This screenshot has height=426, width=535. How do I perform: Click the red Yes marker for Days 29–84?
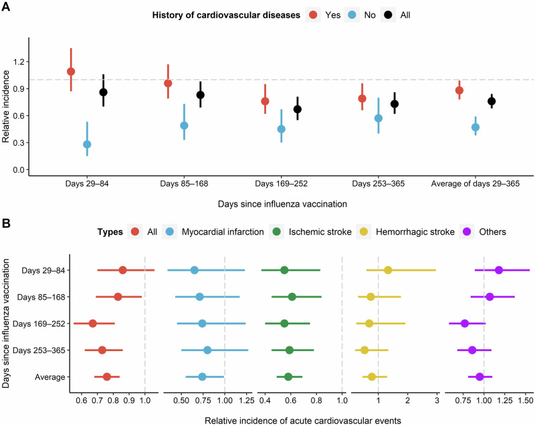71,72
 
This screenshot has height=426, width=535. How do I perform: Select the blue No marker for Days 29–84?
87,144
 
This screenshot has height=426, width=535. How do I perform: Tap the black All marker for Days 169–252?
298,109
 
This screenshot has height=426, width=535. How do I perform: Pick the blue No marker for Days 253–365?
379,118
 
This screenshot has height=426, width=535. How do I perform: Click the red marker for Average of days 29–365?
459,90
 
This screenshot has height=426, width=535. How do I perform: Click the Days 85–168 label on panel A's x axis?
184,184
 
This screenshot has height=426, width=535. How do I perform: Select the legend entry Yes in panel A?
332,15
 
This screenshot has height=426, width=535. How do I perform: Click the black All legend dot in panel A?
389,15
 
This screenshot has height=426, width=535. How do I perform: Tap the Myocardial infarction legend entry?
223,232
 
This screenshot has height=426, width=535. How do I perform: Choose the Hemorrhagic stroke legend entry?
415,232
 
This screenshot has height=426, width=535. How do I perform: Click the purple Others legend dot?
467,232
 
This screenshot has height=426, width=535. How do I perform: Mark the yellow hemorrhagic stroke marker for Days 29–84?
388,270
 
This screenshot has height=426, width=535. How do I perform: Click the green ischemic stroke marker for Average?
288,377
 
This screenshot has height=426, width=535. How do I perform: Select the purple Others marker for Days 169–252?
465,323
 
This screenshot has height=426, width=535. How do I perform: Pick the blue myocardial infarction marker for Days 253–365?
207,350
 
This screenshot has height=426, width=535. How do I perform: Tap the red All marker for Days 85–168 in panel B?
118,297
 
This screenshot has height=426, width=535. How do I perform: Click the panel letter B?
6,223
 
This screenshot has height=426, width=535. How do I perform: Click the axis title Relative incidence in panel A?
5,107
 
